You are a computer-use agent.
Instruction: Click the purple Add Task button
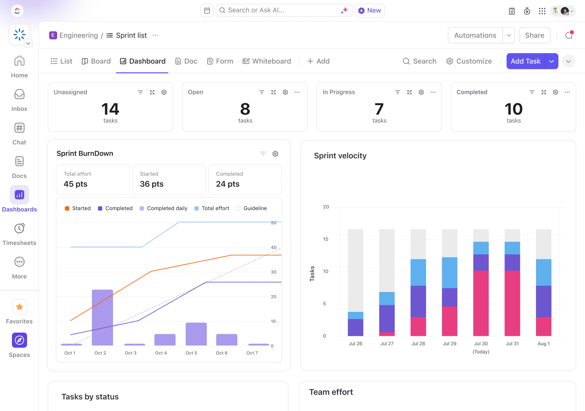[525, 61]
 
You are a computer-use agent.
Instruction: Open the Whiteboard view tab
[267, 61]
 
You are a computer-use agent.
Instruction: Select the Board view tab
[96, 61]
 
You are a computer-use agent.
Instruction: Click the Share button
[534, 35]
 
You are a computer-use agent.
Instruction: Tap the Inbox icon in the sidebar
[19, 94]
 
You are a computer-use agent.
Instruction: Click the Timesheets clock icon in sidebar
[19, 228]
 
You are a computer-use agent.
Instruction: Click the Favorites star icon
[19, 307]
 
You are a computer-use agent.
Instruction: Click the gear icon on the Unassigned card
[164, 92]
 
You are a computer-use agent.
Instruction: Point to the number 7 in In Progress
[379, 109]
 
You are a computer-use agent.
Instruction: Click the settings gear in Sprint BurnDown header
[275, 154]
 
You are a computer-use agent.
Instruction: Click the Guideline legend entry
[251, 208]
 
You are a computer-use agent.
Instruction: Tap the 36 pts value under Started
[152, 184]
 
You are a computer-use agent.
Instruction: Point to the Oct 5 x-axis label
[191, 353]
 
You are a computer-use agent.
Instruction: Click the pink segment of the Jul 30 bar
[481, 303]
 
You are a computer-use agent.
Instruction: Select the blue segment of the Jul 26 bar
[355, 315]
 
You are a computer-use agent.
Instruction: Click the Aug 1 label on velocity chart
[544, 343]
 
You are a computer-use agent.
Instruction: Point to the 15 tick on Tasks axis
[326, 239]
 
